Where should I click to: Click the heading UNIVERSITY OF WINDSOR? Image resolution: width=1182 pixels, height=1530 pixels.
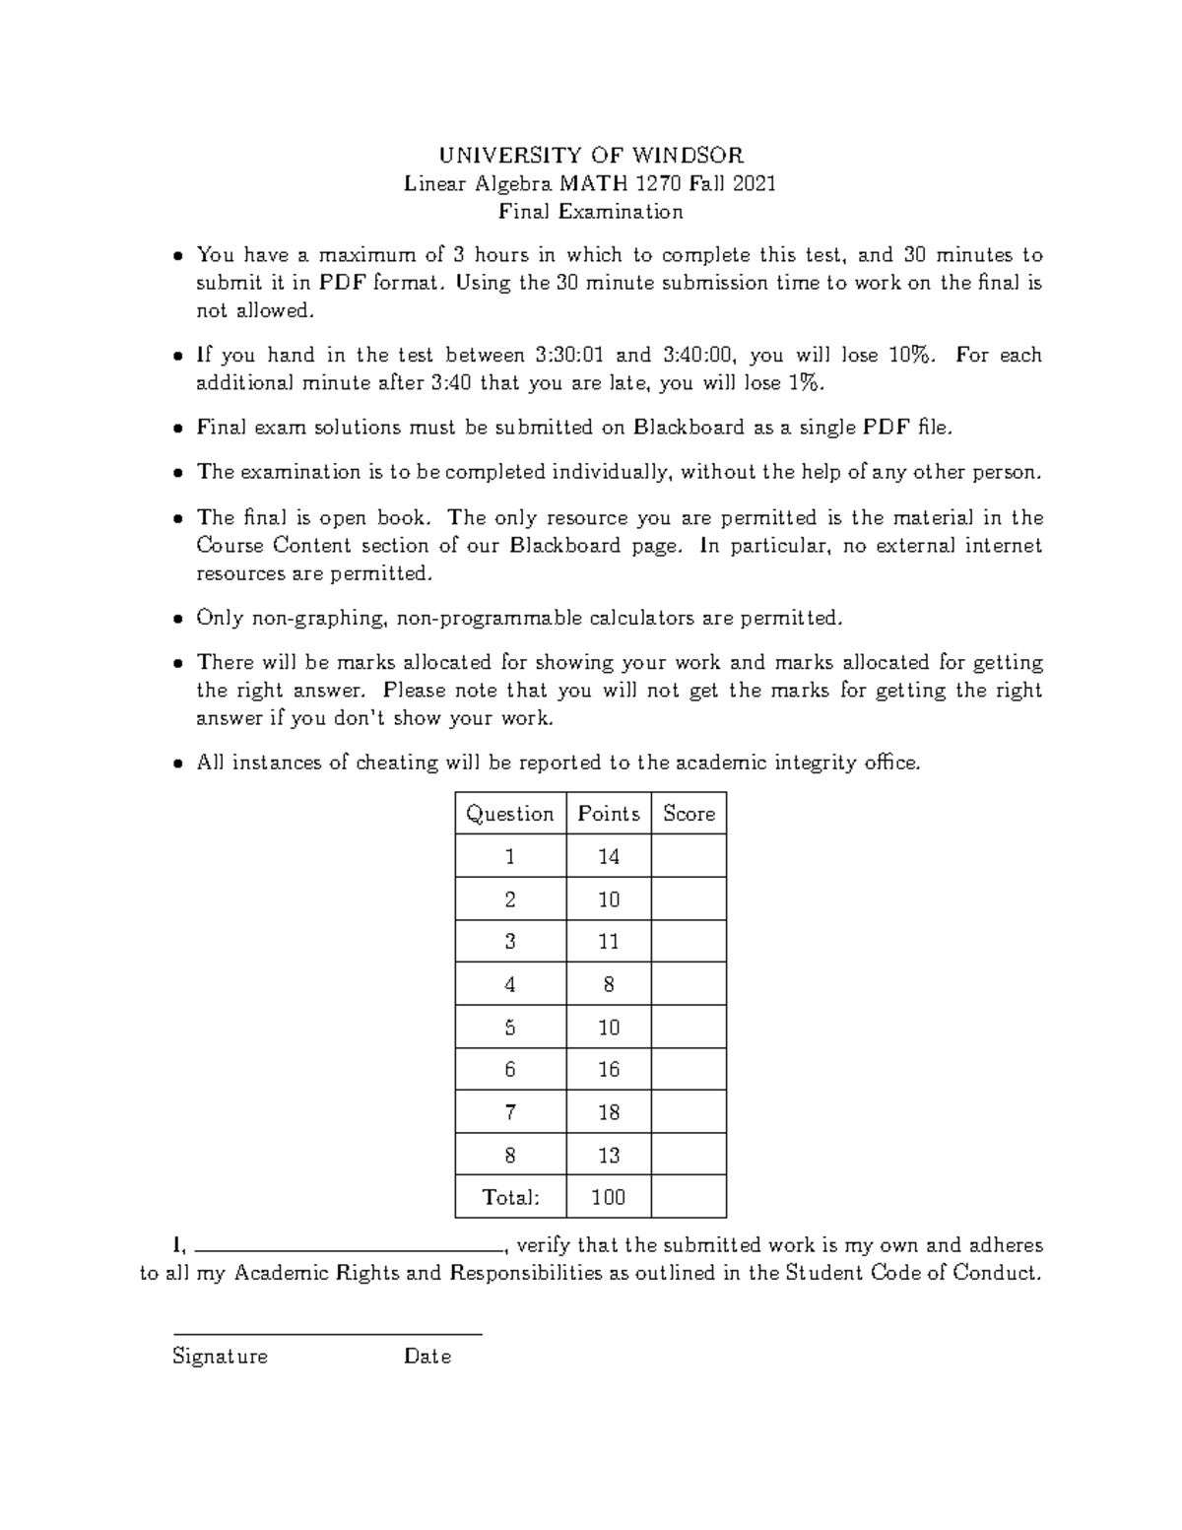pyautogui.click(x=590, y=155)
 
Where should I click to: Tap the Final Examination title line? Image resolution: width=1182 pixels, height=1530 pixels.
pyautogui.click(x=590, y=212)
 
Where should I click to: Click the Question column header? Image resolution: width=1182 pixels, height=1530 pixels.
pyautogui.click(x=510, y=814)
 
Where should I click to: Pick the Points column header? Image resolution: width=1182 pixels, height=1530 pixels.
pyautogui.click(x=608, y=814)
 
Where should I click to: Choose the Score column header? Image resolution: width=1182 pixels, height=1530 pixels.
pyautogui.click(x=689, y=814)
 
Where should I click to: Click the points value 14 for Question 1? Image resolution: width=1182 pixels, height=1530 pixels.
pyautogui.click(x=608, y=857)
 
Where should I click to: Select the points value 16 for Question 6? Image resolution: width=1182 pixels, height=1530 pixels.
pyautogui.click(x=608, y=1070)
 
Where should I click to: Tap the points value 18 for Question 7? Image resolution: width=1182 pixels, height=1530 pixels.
pyautogui.click(x=608, y=1112)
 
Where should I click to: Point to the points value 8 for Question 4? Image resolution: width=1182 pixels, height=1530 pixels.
pyautogui.click(x=608, y=984)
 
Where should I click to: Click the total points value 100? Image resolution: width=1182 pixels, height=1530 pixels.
pyautogui.click(x=608, y=1197)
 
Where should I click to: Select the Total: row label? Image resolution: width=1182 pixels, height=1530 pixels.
pyautogui.click(x=510, y=1197)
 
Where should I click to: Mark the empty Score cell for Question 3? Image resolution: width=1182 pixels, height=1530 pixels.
pyautogui.click(x=689, y=942)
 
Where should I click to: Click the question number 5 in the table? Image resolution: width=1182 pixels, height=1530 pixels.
pyautogui.click(x=510, y=1028)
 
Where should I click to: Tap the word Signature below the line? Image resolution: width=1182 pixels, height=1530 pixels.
pyautogui.click(x=220, y=1357)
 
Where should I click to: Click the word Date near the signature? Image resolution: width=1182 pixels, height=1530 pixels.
pyautogui.click(x=427, y=1357)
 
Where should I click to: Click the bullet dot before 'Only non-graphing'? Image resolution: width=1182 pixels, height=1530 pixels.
pyautogui.click(x=178, y=620)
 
